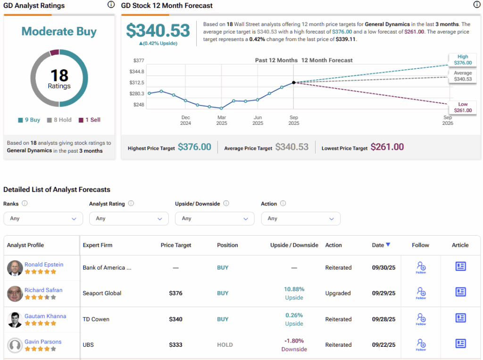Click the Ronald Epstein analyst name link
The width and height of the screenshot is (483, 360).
[44, 264]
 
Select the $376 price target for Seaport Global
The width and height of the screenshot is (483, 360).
[175, 293]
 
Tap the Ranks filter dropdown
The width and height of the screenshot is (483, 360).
[43, 219]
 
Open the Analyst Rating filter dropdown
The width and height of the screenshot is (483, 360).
[129, 219]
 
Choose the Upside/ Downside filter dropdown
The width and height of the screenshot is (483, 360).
[215, 219]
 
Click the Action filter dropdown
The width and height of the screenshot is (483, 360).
[300, 219]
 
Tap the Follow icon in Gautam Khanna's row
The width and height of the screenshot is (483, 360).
[421, 319]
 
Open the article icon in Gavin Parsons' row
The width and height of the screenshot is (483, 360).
[460, 344]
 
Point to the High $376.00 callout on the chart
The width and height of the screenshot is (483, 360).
[463, 60]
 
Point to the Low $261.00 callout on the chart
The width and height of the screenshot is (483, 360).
[463, 107]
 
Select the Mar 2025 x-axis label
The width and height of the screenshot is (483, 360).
[221, 120]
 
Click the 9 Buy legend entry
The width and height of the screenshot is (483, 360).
[29, 120]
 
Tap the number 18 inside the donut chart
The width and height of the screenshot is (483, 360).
[59, 75]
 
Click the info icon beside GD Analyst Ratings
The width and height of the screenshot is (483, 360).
[111, 5]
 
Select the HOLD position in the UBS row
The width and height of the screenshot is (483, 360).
[225, 345]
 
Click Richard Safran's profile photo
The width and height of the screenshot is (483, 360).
[15, 294]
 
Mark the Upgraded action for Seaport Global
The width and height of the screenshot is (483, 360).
[338, 293]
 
